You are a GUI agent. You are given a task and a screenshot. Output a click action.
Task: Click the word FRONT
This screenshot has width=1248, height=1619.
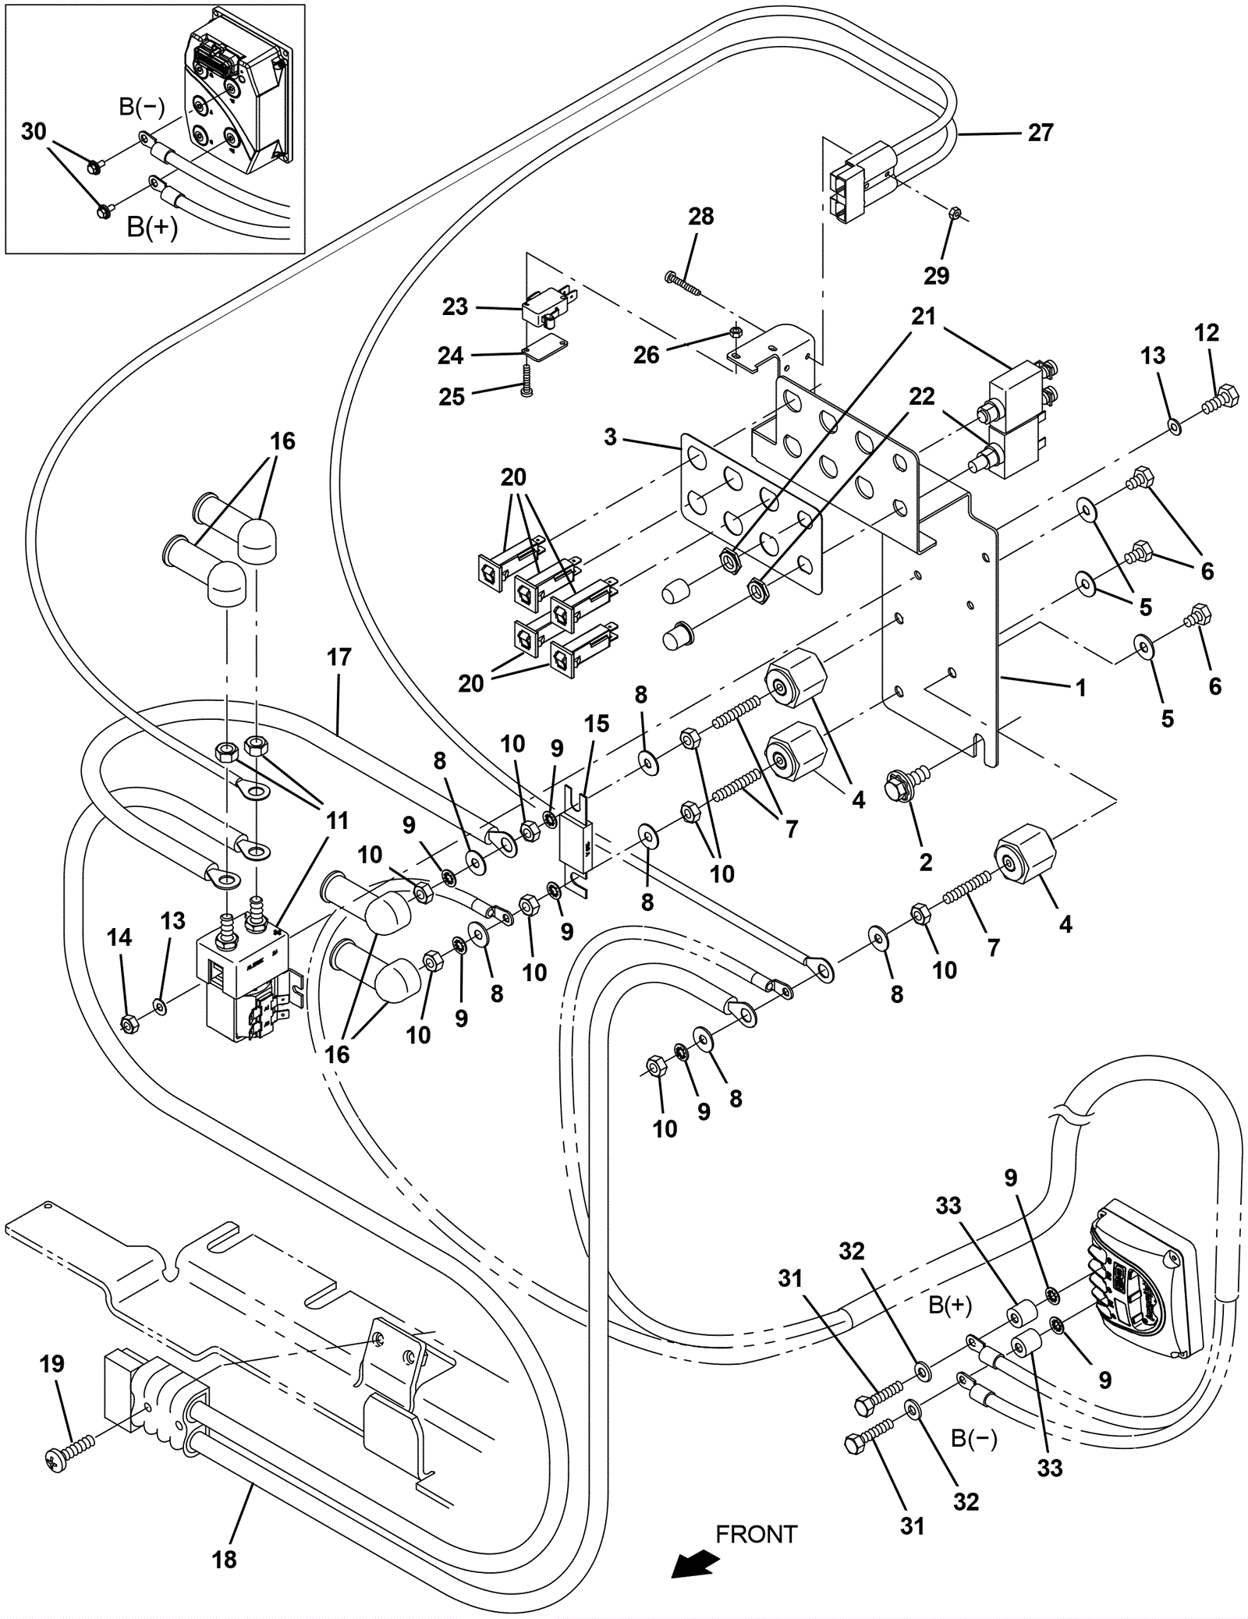point(756,1534)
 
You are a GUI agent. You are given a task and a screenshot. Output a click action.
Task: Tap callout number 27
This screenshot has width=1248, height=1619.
point(1041,133)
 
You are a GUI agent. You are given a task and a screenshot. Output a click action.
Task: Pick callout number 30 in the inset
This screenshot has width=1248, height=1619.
point(34,132)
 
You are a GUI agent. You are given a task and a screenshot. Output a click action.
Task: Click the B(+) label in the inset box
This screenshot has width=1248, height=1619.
point(153,228)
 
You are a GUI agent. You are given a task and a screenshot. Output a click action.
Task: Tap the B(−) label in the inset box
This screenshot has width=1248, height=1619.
point(141,107)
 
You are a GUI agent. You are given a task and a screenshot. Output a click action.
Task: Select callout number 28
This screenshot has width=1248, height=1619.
point(700,216)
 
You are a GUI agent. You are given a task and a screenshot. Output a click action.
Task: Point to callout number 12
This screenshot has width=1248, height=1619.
point(1206,332)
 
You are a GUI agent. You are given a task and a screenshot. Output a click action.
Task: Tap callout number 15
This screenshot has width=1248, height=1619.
point(597,723)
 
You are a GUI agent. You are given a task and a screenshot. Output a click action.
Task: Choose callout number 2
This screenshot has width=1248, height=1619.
point(926,862)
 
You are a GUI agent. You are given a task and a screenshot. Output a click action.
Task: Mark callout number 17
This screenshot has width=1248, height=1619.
point(339,657)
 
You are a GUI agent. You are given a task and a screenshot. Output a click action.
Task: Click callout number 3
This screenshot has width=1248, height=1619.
point(610,437)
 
